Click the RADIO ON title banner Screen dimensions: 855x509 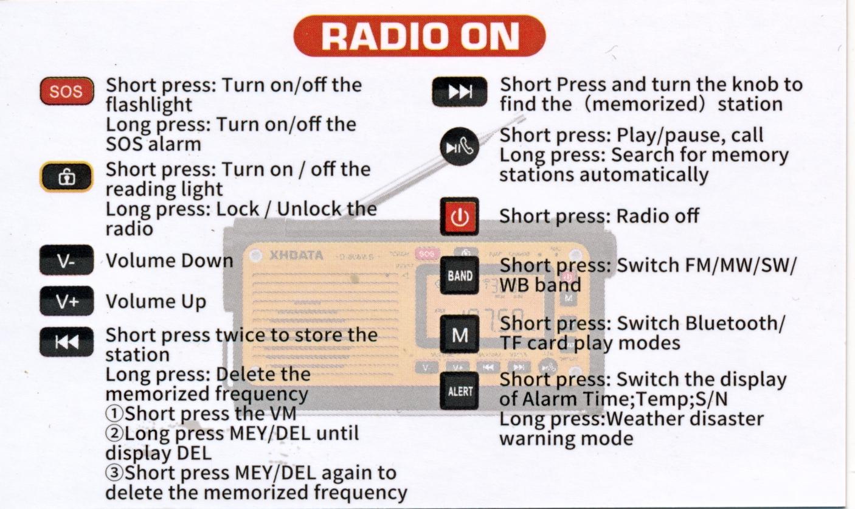tap(420, 36)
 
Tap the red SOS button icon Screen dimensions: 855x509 tap(67, 91)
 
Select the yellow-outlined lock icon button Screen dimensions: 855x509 tap(66, 177)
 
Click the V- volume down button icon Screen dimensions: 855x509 tap(66, 260)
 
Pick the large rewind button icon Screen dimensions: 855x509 tap(66, 342)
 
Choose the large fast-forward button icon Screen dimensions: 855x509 tap(460, 92)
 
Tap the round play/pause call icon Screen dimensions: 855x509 tap(460, 147)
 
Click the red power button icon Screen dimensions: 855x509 tap(460, 216)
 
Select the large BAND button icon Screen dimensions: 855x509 tap(460, 275)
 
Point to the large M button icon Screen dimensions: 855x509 tap(460, 335)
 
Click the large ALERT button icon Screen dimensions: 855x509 tap(460, 390)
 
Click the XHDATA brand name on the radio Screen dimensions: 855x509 tap(297, 255)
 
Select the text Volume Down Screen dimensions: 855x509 tap(170, 261)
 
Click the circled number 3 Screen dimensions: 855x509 tap(114, 473)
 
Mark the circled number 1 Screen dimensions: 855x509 tap(114, 414)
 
